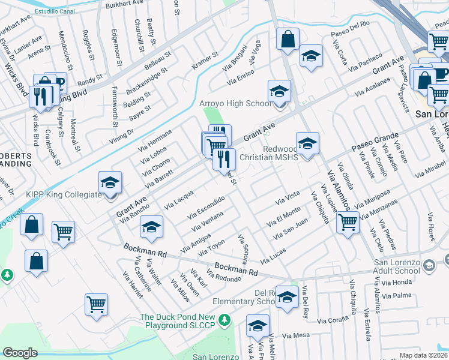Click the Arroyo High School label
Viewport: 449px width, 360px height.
(235, 104)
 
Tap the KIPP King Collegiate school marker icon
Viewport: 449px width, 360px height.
(110, 182)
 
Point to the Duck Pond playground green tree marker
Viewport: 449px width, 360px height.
(224, 319)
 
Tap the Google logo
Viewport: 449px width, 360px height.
(20, 353)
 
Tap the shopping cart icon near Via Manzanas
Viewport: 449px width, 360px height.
(348, 222)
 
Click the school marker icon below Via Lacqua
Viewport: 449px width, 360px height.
(151, 226)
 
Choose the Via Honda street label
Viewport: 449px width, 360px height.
(398, 282)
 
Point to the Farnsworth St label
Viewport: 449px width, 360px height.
(115, 108)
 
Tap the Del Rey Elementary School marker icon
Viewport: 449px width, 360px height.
(288, 297)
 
